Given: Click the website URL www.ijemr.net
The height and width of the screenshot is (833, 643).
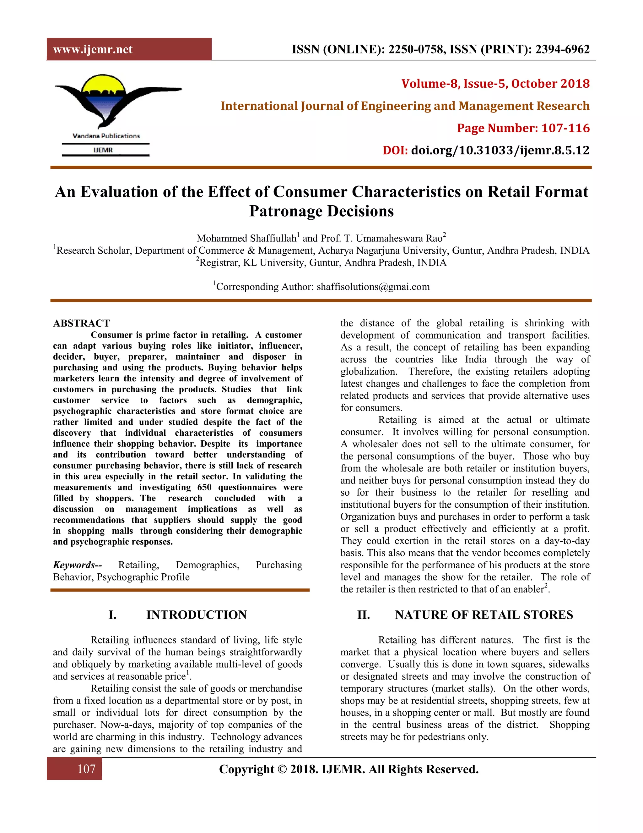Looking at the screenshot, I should click(93, 50).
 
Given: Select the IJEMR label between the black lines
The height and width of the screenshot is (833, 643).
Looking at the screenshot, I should click(103, 150).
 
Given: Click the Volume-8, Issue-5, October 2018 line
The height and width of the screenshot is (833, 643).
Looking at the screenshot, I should click(495, 84).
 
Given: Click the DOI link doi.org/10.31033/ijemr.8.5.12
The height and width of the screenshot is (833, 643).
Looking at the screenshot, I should click(500, 150).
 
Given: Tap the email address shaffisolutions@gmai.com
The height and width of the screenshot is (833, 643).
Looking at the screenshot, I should click(373, 287).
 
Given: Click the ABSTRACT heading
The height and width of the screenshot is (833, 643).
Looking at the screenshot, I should click(82, 323).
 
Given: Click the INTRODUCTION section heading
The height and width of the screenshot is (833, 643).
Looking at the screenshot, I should click(196, 615).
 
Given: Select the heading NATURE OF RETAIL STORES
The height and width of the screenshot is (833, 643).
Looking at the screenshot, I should click(484, 615).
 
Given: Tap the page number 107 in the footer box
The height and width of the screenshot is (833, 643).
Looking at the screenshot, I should click(86, 769).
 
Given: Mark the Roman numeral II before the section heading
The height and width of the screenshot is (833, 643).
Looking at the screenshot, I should click(363, 615).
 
